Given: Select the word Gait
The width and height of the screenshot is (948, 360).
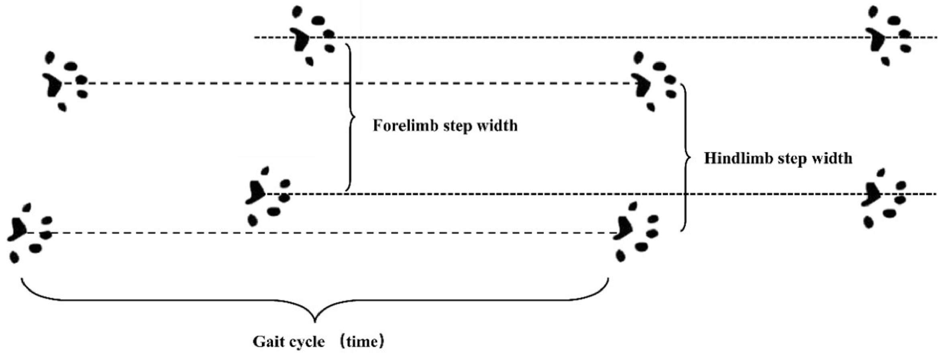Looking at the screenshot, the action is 267,342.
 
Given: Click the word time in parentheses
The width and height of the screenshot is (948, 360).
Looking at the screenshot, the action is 362,342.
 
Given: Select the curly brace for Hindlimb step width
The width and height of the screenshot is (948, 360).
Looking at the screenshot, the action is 686,158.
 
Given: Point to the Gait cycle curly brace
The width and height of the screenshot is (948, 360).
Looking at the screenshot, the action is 315,309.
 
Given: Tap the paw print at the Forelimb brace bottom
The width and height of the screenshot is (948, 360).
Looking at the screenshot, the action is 268,197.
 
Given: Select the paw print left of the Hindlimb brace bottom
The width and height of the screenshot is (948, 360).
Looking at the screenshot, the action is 636,232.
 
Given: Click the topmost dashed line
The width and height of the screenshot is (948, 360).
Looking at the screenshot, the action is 596,37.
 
